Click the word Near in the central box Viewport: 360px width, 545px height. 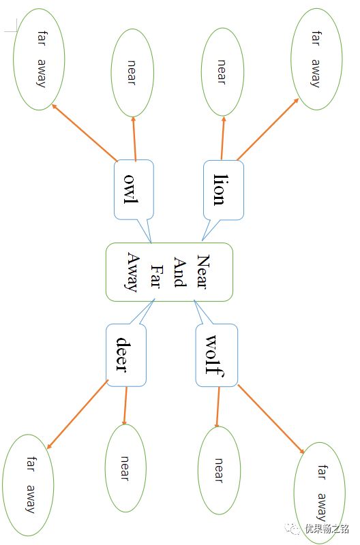pyautogui.click(x=203, y=272)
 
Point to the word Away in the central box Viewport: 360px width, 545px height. pyautogui.click(x=133, y=272)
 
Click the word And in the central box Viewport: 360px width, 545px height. pyautogui.click(x=180, y=272)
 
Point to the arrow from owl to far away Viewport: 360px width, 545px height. pyautogui.click(x=85, y=132)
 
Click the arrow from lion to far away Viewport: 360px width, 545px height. pyautogui.click(x=268, y=129)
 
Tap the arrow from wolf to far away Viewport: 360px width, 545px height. pyautogui.click(x=271, y=419)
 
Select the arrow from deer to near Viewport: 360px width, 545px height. pyautogui.click(x=125, y=405)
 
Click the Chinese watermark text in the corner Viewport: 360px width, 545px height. pyautogui.click(x=327, y=529)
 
